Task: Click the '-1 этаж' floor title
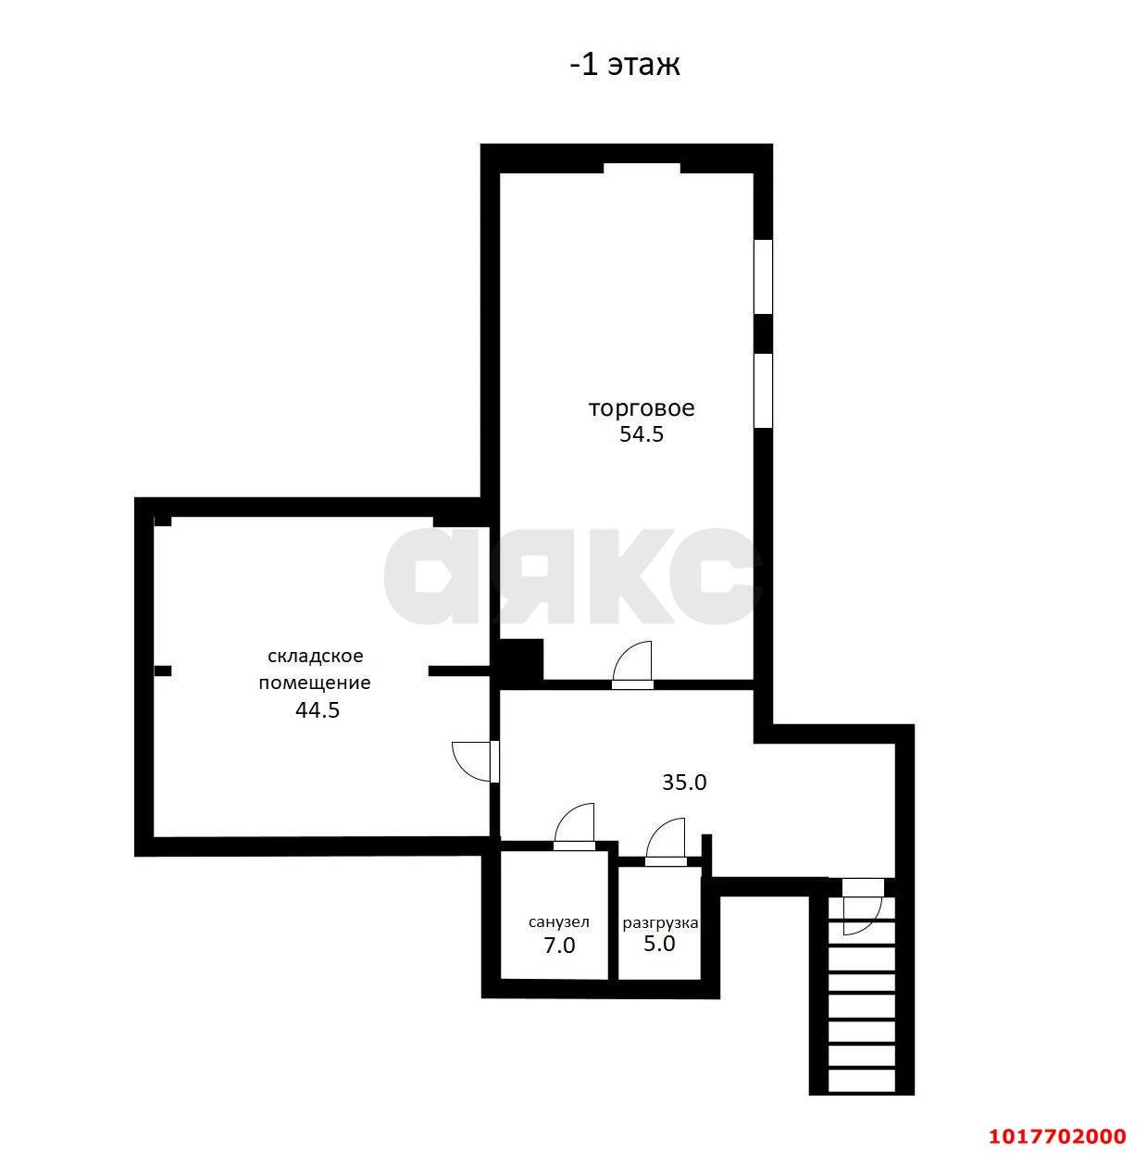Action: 625,64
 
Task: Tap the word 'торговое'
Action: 642,408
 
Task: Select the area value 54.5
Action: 642,434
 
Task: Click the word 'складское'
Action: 316,656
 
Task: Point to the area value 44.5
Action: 318,709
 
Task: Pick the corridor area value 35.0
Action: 684,782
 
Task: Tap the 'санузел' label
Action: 559,922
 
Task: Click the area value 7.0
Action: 559,946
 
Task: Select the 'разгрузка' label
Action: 660,922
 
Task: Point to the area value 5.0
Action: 659,945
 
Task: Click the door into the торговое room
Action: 632,665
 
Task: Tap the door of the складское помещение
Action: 476,761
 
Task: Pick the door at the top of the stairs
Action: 862,906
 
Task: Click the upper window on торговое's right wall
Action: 763,276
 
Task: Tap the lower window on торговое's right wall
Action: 763,390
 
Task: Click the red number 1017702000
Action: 1057,1135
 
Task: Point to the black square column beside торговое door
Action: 521,661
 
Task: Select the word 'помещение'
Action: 315,683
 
